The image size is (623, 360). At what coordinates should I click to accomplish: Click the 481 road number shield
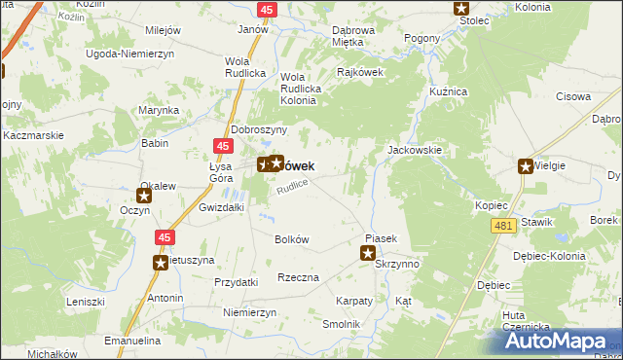point(502,226)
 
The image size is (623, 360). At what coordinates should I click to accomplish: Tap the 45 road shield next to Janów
point(267,9)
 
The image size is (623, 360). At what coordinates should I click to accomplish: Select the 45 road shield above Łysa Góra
point(223,146)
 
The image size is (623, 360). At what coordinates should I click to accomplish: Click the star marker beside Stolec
point(462,9)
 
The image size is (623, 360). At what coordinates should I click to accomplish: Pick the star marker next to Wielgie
point(527,166)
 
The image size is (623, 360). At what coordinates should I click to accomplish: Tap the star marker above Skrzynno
point(368,254)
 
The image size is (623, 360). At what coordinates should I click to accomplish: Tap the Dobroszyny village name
point(258,129)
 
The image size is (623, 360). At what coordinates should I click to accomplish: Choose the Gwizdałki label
point(220,208)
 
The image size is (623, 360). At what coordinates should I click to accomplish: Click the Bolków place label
point(292,239)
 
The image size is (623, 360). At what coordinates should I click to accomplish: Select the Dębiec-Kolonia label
point(549,256)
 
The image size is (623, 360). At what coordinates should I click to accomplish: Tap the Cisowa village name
point(573,96)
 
